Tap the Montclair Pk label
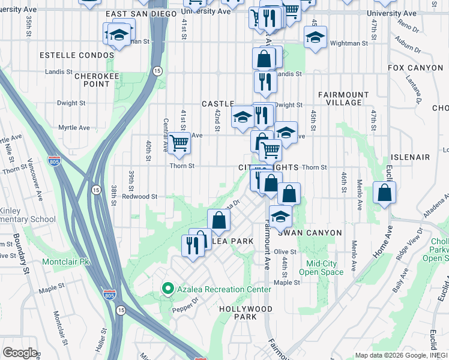point(66,262)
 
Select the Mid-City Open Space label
point(325,268)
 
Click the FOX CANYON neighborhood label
point(415,68)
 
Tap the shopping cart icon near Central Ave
point(179,143)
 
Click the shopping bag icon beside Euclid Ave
point(384,193)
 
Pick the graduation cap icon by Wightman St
point(315,37)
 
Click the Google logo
point(20,353)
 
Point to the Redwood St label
point(139,196)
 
